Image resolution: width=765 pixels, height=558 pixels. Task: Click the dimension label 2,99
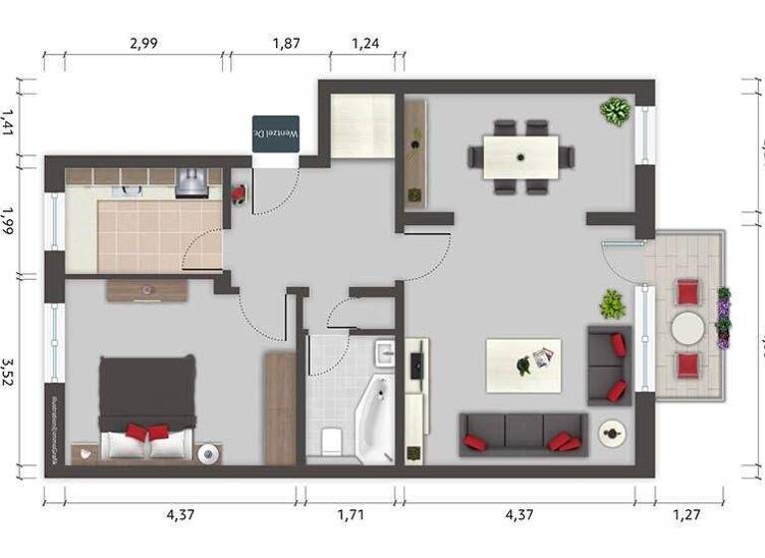click(x=143, y=43)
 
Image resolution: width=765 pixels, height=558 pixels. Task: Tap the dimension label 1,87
click(x=286, y=43)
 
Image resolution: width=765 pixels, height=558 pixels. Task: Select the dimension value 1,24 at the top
click(x=366, y=43)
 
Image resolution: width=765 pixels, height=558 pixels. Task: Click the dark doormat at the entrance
click(x=275, y=134)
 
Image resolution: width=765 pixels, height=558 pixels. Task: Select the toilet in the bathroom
click(x=331, y=437)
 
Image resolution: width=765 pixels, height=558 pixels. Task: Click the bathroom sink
click(x=384, y=353)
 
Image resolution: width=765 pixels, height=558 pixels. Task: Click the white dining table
click(x=521, y=156)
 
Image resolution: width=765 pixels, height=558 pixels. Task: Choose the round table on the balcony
click(x=687, y=328)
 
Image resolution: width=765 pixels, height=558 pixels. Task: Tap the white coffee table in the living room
click(x=523, y=366)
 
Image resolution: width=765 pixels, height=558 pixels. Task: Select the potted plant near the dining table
click(x=615, y=110)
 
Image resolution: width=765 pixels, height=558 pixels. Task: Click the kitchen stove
click(x=191, y=182)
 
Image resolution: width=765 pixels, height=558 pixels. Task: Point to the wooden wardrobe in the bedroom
click(x=280, y=409)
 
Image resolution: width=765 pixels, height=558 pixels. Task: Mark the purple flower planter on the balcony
click(x=723, y=317)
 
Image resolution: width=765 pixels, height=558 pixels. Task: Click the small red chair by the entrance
click(x=237, y=193)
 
